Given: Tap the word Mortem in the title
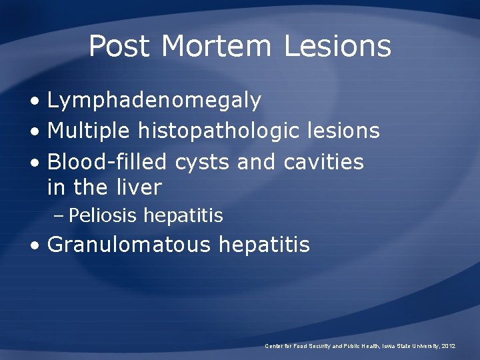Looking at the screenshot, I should (x=217, y=46).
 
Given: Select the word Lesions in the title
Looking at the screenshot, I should (x=337, y=46).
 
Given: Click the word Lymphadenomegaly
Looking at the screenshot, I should (x=154, y=101).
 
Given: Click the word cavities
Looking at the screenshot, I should (x=324, y=161).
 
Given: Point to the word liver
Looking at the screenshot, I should (x=140, y=187).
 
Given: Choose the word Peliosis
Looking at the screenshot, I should (x=103, y=216).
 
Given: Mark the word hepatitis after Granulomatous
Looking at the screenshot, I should (x=264, y=245).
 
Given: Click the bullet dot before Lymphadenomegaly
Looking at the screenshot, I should (x=34, y=102).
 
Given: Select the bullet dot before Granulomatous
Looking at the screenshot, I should (x=34, y=246).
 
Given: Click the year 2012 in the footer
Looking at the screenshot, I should (x=447, y=346).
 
